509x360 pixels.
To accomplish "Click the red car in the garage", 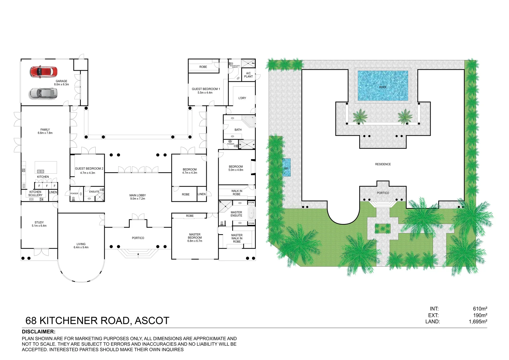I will tap(44, 72).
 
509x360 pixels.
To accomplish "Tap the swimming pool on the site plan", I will tap(383, 86).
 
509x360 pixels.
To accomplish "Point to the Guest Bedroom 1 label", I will tap(205, 89).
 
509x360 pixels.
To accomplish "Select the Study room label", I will tap(39, 222).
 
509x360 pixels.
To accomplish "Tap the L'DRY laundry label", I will tap(242, 98).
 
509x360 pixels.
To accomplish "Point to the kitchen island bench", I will tap(46, 167).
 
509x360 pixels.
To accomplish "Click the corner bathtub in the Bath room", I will tap(248, 121).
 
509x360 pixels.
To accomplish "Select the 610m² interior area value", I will tap(480, 309).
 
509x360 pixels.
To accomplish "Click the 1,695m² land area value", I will tap(478, 322).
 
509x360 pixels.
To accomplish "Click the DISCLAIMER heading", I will tap(39, 332).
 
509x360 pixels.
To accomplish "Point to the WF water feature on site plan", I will tap(286, 168).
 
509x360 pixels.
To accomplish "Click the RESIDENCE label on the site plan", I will tap(383, 164).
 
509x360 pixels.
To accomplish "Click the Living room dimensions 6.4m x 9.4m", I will tap(81, 247).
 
